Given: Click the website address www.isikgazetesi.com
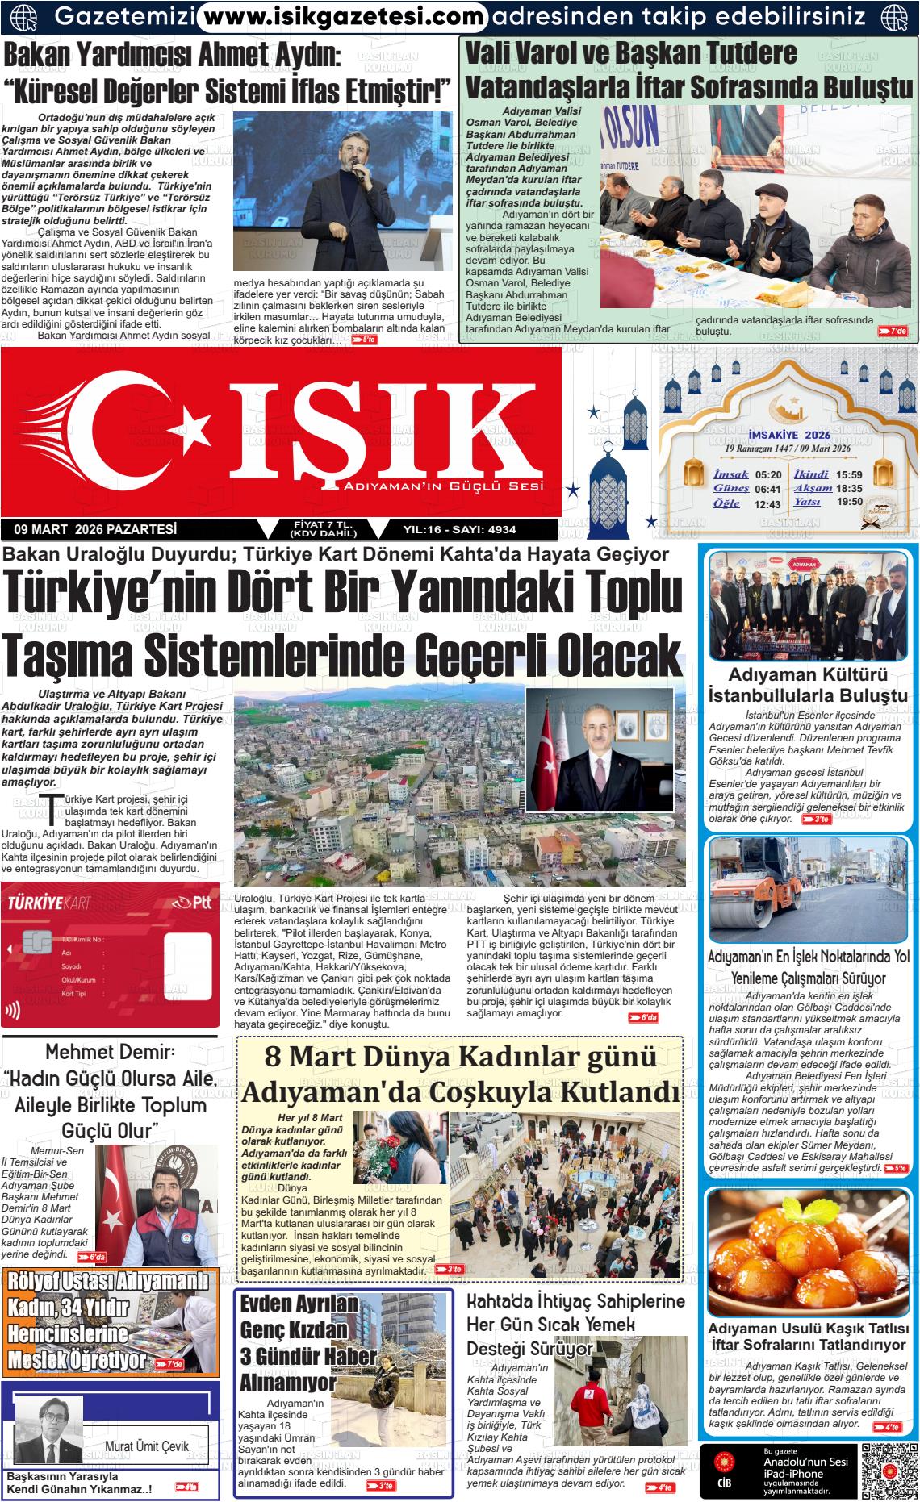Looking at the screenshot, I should pos(342,15).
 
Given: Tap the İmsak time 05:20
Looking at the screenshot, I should pos(767,474).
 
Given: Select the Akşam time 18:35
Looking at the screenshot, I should pos(850,489).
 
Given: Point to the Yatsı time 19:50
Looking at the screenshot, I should pos(850,502).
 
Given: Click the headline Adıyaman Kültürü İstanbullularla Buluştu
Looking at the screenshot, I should pos(808,685).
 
